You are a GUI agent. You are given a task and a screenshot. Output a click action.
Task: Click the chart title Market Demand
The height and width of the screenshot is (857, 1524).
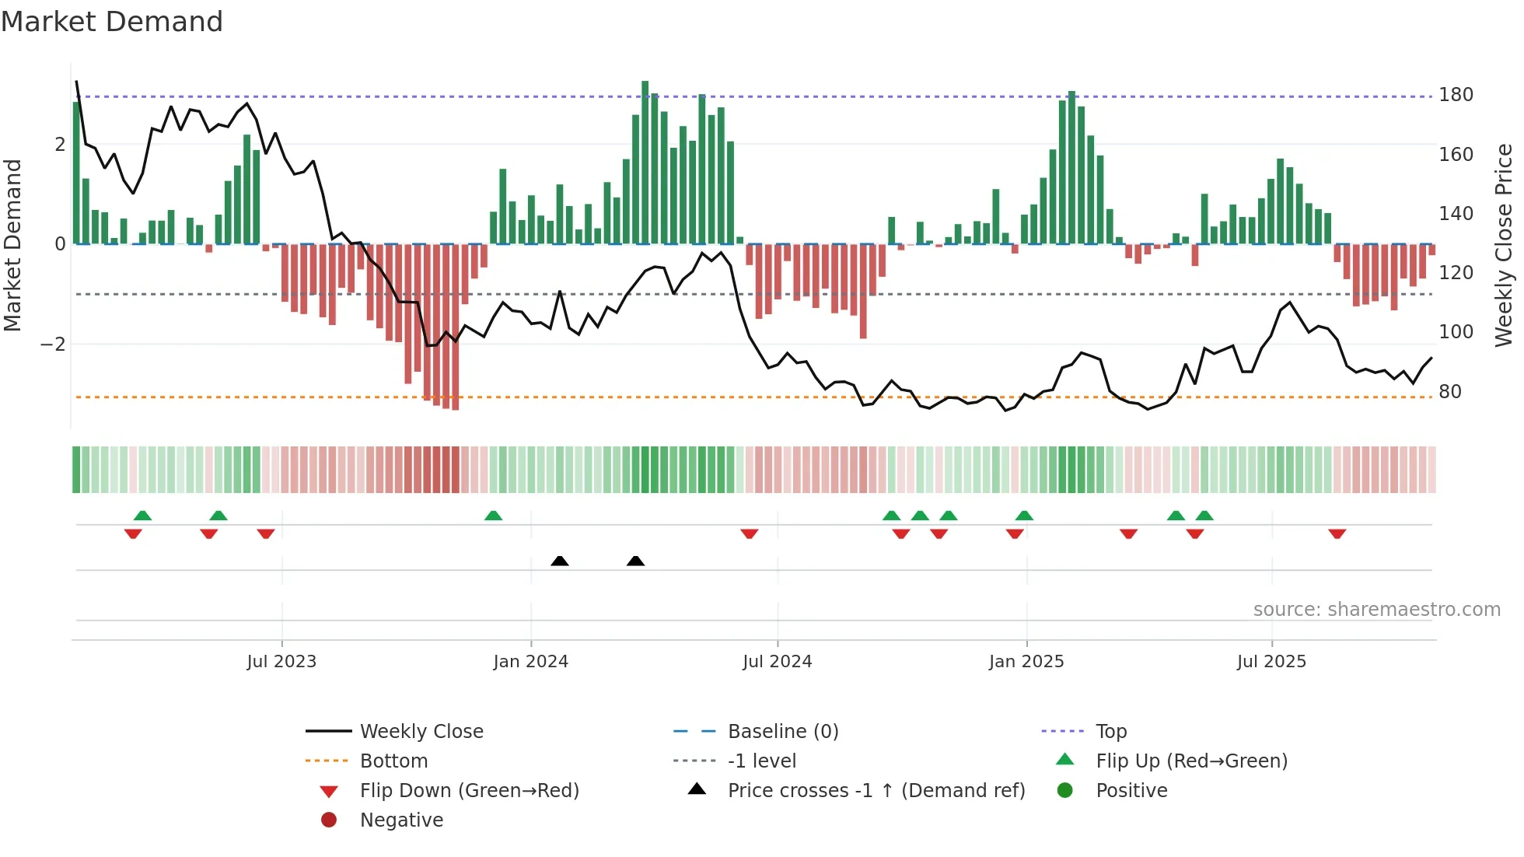click(112, 22)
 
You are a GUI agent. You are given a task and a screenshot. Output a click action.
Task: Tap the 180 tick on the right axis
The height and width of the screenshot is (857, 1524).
click(1456, 95)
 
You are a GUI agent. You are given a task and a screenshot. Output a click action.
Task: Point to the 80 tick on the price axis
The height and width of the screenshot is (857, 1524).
click(1450, 392)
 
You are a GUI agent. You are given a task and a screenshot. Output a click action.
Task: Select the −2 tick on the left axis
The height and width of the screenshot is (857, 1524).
click(54, 345)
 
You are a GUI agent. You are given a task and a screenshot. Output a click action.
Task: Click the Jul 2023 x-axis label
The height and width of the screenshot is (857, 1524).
click(281, 662)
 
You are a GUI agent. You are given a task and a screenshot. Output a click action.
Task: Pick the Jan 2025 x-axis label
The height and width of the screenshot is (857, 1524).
click(1026, 662)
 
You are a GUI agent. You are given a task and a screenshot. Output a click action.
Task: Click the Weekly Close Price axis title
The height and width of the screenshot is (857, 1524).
click(1504, 245)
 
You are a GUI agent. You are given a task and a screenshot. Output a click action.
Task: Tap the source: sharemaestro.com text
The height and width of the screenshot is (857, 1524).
click(1376, 610)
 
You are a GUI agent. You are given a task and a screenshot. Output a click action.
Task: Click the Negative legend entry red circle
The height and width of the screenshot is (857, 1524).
click(329, 820)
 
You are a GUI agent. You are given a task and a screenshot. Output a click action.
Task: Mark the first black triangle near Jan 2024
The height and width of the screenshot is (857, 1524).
click(560, 561)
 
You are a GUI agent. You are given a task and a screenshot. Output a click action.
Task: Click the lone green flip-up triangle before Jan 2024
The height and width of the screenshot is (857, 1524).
click(493, 516)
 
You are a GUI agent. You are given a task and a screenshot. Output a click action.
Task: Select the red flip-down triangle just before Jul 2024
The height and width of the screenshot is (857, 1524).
click(750, 533)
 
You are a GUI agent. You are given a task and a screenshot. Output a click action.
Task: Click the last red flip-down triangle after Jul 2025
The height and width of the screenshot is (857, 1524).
click(1337, 533)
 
